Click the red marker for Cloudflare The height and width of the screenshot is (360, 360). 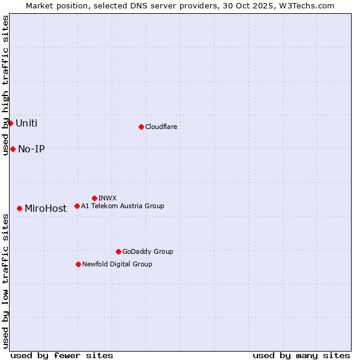tap(141, 127)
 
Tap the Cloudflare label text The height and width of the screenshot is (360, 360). tap(161, 127)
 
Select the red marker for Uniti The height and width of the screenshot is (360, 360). tap(10, 123)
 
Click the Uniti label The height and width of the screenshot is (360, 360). tap(26, 124)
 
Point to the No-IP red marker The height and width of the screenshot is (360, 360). tap(13, 149)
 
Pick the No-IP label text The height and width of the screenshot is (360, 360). tap(31, 149)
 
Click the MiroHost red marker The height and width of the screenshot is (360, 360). tap(20, 208)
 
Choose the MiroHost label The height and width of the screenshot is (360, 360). tap(46, 209)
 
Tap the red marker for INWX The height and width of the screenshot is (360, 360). tap(94, 198)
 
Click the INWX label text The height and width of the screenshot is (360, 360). tap(107, 198)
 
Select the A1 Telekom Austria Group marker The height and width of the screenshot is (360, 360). tap(77, 206)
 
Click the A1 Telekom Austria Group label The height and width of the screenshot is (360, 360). tap(122, 206)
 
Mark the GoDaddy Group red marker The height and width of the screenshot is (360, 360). tap(118, 251)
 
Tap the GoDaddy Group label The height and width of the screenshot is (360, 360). tap(148, 251)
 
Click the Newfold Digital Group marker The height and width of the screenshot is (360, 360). tap(78, 264)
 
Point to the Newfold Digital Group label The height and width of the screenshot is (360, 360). tap(117, 264)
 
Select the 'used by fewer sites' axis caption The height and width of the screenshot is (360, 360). tap(62, 356)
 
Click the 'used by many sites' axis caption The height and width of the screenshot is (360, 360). tap(301, 356)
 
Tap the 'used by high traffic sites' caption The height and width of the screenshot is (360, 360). tap(5, 85)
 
